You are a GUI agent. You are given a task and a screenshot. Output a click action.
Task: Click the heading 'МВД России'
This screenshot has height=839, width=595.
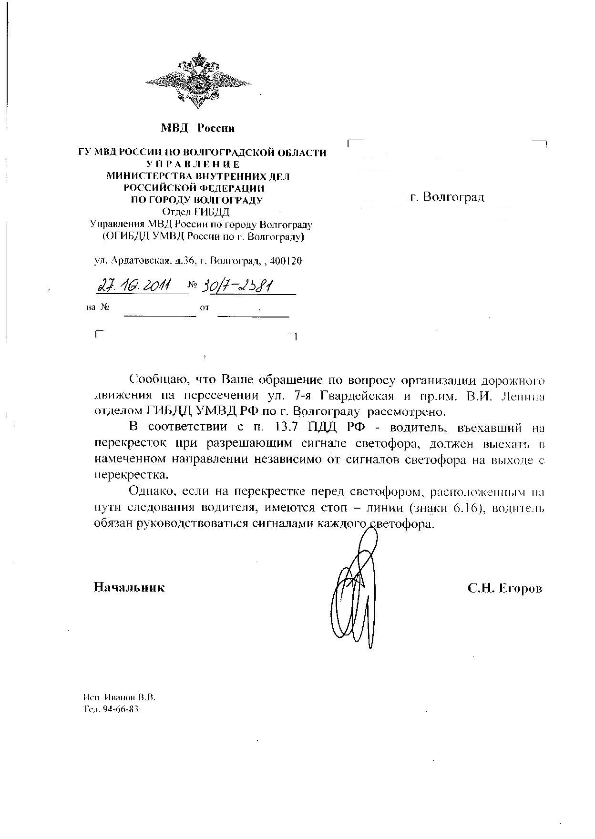(197, 128)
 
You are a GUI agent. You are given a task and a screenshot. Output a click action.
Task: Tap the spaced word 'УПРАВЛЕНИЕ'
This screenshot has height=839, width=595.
(202, 164)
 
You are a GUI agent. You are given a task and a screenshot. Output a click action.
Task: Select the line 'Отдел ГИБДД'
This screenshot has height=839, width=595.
(196, 212)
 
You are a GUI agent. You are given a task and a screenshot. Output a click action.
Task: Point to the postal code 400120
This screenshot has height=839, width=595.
(286, 261)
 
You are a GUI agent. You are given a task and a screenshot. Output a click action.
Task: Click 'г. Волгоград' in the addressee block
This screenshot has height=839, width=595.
(447, 197)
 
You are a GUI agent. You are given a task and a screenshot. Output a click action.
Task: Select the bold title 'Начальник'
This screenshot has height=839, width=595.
(129, 587)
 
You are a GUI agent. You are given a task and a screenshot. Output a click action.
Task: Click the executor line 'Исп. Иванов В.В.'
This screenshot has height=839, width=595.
(120, 697)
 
